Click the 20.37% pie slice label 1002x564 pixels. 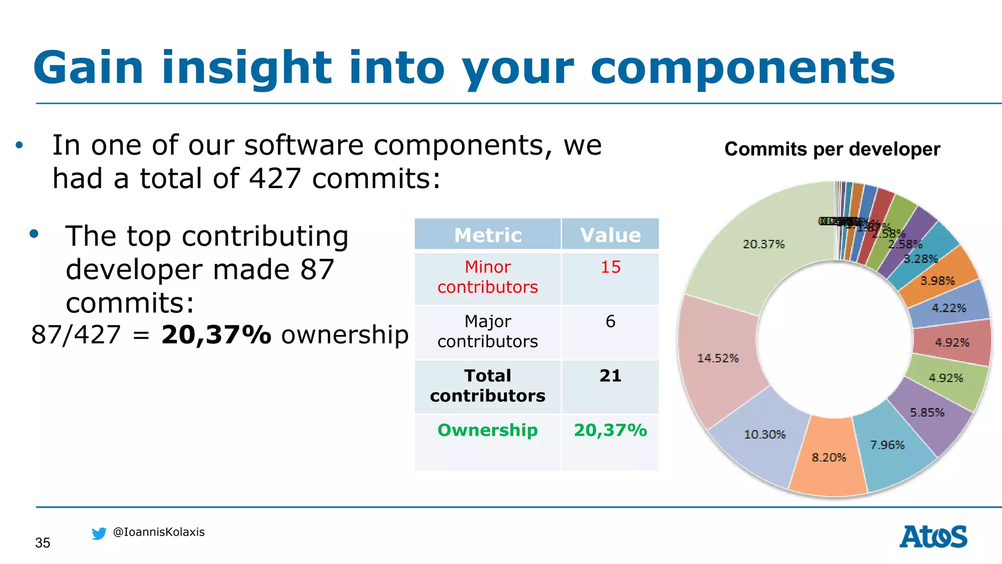pos(763,244)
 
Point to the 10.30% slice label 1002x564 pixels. pos(764,434)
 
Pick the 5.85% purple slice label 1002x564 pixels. pos(927,412)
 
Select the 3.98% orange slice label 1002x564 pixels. pos(937,281)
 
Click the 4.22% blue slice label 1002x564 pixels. pos(949,308)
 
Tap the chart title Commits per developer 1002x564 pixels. pos(832,149)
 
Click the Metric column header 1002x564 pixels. pos(488,235)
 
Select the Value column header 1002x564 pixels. pos(610,235)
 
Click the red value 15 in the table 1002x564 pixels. pos(610,267)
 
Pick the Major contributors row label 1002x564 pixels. pos(488,331)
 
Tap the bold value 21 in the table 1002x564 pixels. pos(610,376)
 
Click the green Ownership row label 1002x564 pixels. pos(488,430)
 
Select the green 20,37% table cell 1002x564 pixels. pos(610,430)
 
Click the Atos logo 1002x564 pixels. pos(933,537)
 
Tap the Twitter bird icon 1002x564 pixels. pos(99,533)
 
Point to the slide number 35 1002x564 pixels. pos(43,542)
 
